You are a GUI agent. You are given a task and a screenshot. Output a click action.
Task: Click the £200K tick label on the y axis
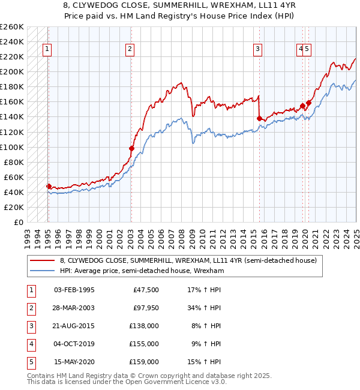(x=11, y=72)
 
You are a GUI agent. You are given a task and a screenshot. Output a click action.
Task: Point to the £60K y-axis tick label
(x=13, y=177)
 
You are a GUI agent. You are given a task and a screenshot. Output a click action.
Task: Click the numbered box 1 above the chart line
(x=47, y=50)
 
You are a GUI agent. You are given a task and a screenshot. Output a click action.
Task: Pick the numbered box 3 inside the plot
(x=257, y=50)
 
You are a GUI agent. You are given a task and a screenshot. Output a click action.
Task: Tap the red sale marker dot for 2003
(x=131, y=148)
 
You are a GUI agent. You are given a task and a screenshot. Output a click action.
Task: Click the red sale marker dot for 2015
(x=259, y=118)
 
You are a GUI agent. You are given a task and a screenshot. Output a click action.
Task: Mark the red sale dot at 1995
(x=49, y=186)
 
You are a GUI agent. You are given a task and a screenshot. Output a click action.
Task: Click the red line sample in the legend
(x=42, y=260)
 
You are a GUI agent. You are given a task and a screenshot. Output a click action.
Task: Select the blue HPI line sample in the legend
(x=42, y=271)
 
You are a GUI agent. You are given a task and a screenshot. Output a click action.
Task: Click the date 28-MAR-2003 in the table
(x=74, y=308)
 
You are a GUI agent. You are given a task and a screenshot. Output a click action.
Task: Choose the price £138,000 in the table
(x=145, y=326)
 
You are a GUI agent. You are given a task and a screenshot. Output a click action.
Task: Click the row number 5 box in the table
(x=29, y=362)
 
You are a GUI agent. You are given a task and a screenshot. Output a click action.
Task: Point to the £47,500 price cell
(x=146, y=290)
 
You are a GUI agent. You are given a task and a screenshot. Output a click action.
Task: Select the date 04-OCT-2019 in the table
(x=74, y=344)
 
